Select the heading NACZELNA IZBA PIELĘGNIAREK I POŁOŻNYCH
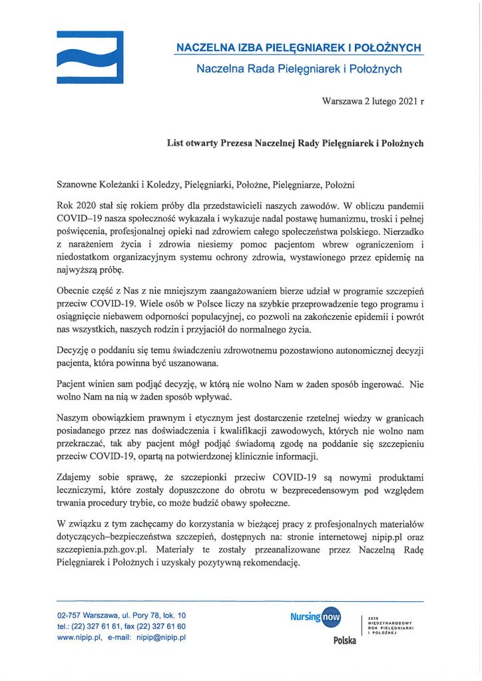click(x=298, y=48)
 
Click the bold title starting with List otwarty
click(x=295, y=142)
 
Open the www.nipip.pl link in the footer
click(x=79, y=637)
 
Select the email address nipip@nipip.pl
click(x=162, y=637)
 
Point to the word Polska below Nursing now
click(x=345, y=640)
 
